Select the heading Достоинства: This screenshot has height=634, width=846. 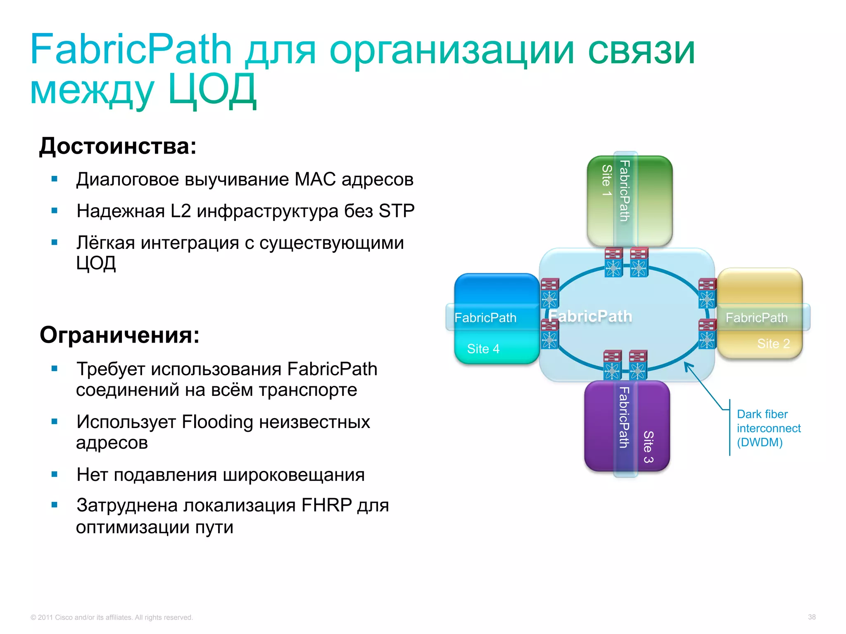[118, 146]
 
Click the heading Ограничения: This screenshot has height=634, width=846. [119, 335]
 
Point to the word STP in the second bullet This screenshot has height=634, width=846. [396, 211]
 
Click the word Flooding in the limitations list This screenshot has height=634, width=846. [217, 422]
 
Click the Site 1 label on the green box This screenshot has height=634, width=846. [606, 180]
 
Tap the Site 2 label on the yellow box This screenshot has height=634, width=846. [773, 343]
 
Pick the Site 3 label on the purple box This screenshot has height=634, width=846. [648, 447]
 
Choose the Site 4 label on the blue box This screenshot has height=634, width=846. [483, 349]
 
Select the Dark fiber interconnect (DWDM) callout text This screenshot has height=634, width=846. [768, 428]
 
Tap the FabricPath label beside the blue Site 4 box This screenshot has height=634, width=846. [485, 318]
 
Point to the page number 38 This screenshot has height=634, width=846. [811, 617]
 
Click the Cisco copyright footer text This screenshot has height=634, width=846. [112, 617]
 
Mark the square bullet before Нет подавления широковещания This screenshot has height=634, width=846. [54, 474]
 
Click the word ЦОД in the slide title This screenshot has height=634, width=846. [212, 90]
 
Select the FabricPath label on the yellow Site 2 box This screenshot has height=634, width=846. [756, 318]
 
